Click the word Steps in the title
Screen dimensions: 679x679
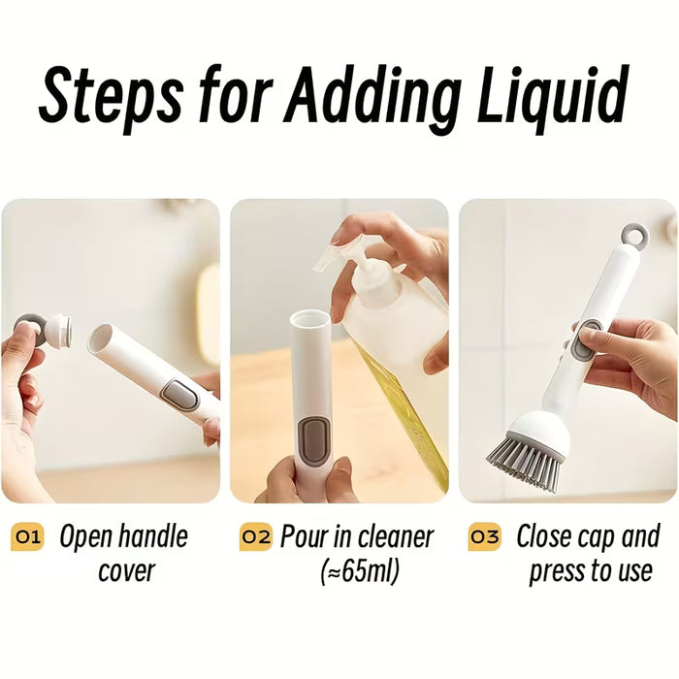[x=110, y=95]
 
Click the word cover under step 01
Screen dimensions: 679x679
[x=126, y=571]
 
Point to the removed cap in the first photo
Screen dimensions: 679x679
[x=45, y=332]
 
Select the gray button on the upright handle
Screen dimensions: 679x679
[x=314, y=441]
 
